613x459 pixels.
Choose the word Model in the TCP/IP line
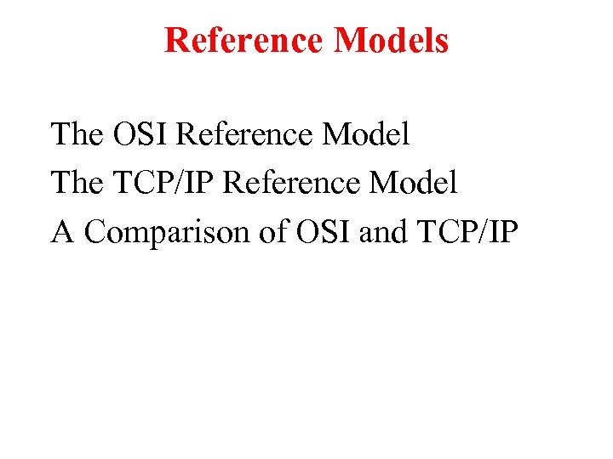416,182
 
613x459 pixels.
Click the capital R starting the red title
176,40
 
